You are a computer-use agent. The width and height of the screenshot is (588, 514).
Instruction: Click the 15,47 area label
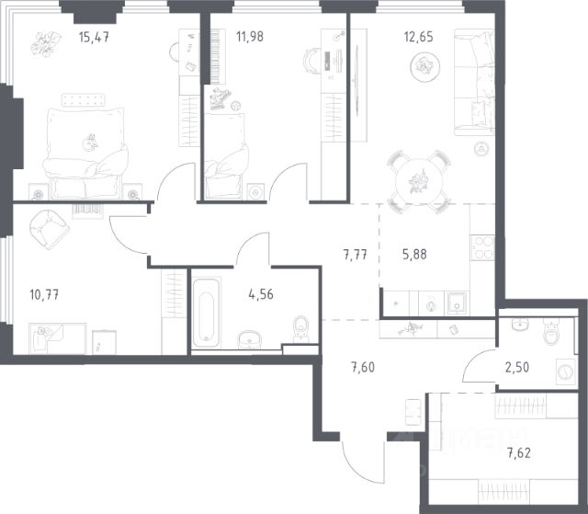coord(94,37)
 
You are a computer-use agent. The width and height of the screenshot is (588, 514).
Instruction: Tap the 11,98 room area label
coord(250,37)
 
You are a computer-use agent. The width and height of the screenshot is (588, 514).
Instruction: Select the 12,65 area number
coord(419,37)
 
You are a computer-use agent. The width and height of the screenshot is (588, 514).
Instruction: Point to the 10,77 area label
coord(44,294)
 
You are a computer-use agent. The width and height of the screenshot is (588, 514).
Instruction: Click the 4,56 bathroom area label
coord(261,294)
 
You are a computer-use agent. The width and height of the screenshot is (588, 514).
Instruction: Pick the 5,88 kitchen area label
coord(414,255)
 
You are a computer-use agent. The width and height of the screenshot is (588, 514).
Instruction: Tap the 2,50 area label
coord(517,367)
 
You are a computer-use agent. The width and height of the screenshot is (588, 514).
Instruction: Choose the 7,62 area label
coord(519,453)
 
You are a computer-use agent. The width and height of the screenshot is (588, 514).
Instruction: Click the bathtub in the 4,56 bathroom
coord(206,314)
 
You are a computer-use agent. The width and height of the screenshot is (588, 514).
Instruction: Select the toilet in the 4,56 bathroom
coord(301,328)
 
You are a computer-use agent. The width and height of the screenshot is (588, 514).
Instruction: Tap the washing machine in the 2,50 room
coord(566,371)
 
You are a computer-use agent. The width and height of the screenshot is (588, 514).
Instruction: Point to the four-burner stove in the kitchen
coord(482,247)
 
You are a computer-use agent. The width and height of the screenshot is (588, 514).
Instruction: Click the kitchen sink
coord(457,303)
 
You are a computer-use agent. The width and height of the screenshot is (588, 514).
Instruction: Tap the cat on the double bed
coord(90,143)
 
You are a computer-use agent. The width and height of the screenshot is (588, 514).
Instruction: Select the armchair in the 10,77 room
coord(49,229)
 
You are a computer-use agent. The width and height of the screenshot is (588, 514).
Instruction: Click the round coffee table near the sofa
coord(424,67)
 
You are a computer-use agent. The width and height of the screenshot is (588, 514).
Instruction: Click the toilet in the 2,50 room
coord(551,331)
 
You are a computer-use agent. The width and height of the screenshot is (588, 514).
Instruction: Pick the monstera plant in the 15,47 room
coord(46,44)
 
